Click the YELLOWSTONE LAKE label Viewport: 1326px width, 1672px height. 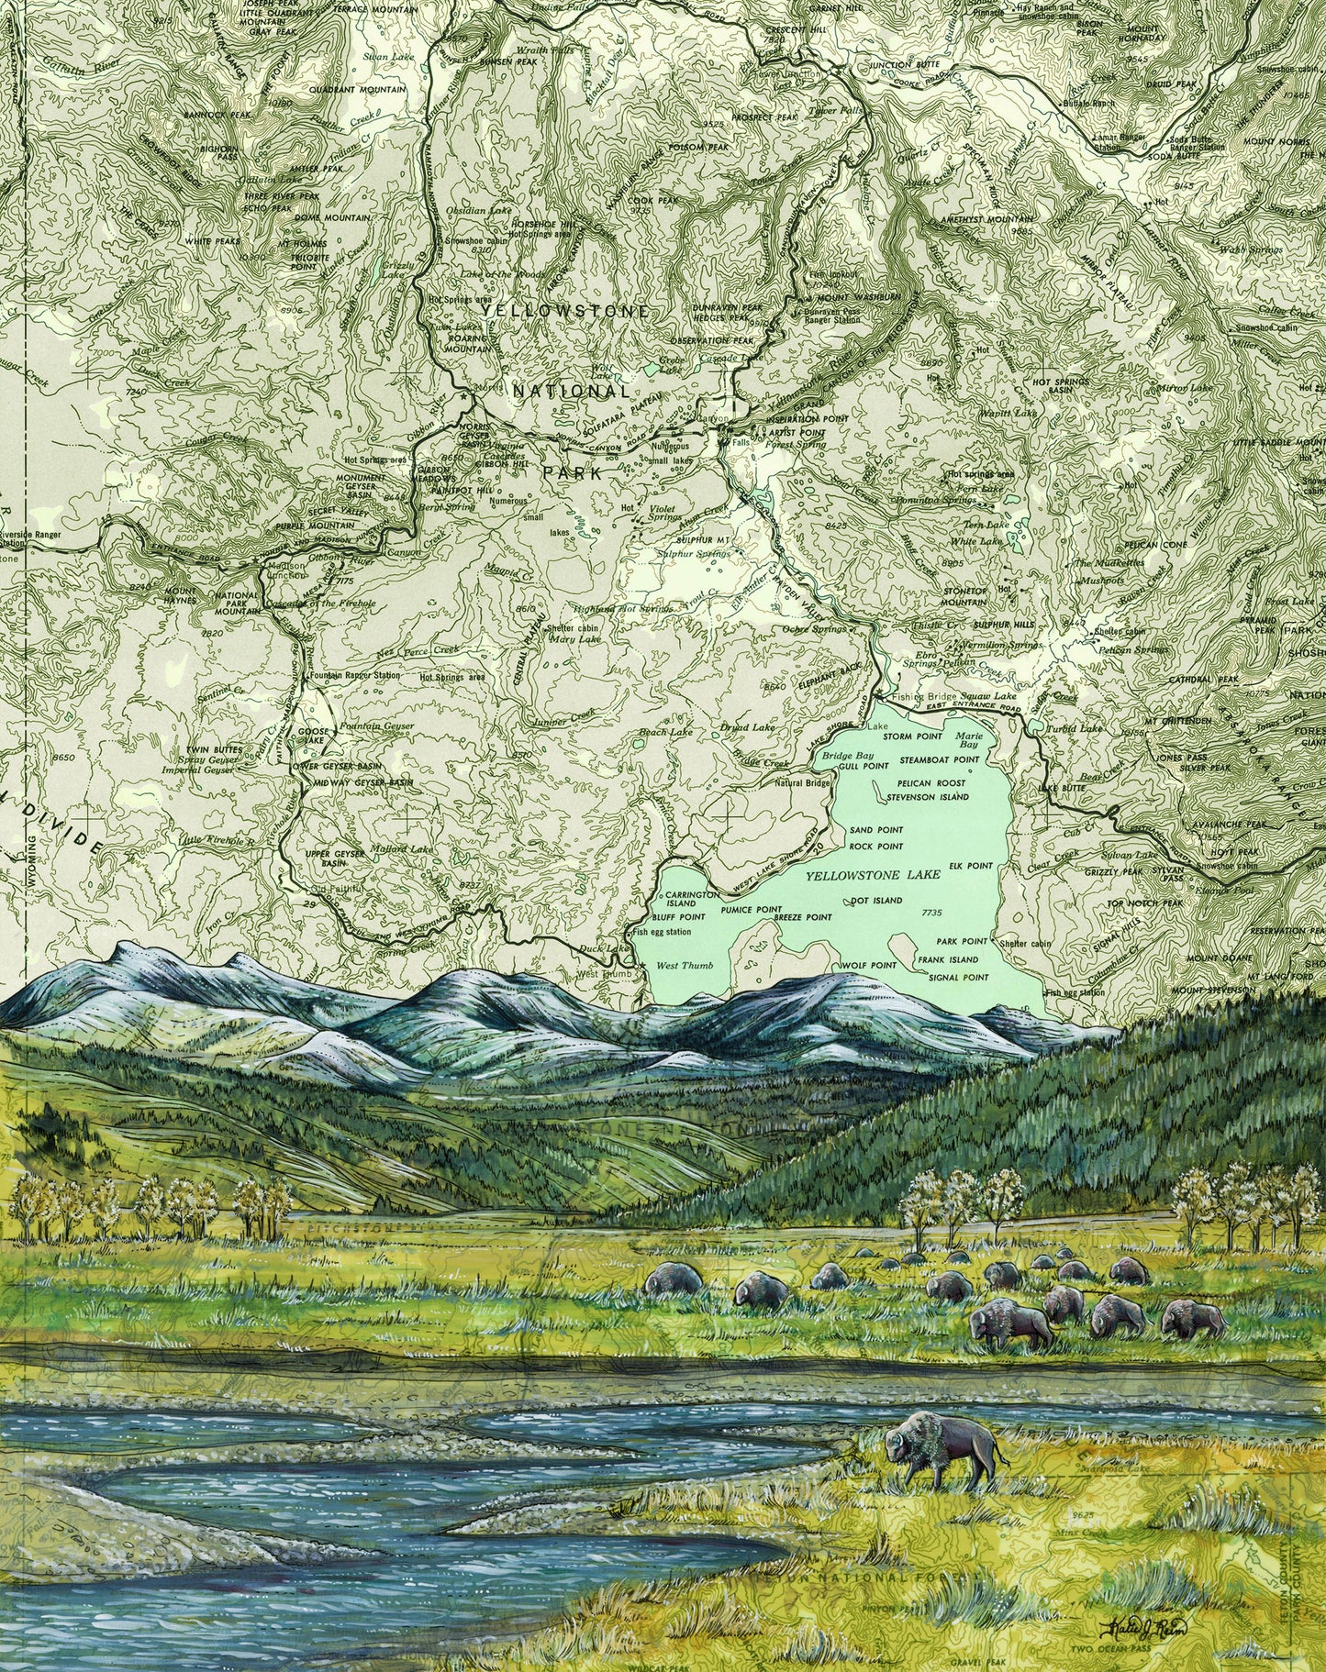click(873, 876)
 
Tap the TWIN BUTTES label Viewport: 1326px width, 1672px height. click(205, 749)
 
